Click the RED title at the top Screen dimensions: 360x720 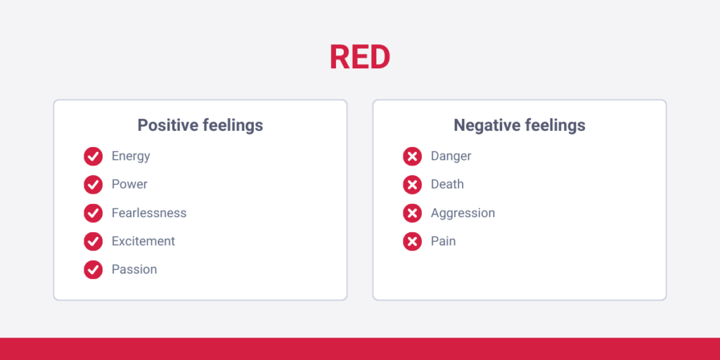359,58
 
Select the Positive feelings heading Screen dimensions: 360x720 200,126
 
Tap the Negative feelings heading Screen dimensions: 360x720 520,126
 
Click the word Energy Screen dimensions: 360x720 131,156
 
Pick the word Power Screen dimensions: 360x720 129,184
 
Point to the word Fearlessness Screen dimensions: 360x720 149,213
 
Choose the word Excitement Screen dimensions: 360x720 143,241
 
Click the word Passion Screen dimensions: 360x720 134,269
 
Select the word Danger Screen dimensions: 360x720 451,156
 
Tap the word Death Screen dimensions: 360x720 447,184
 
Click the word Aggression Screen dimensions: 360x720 463,213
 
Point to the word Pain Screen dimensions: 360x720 443,241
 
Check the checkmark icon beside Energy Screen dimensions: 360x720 94,156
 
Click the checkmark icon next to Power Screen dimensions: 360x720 94,185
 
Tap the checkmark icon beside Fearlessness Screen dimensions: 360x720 94,213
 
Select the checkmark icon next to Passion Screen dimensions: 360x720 94,269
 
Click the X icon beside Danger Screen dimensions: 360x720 413,156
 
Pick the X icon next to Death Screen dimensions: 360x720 413,185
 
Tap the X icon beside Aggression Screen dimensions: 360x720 413,213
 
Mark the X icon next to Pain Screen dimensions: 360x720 413,241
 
